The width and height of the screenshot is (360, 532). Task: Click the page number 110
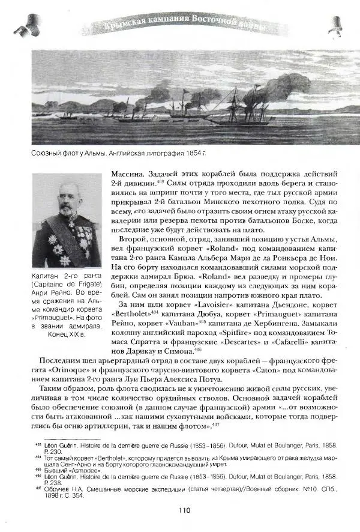click(184, 511)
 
